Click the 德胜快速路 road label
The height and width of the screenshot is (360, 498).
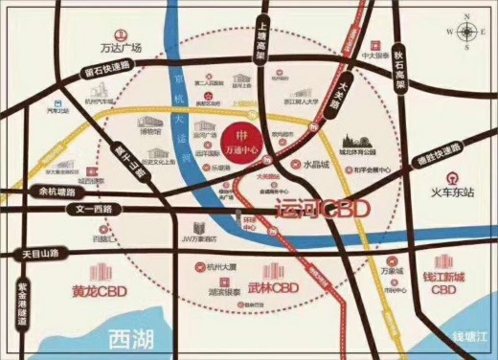point(436,153)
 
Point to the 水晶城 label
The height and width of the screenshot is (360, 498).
point(325,163)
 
